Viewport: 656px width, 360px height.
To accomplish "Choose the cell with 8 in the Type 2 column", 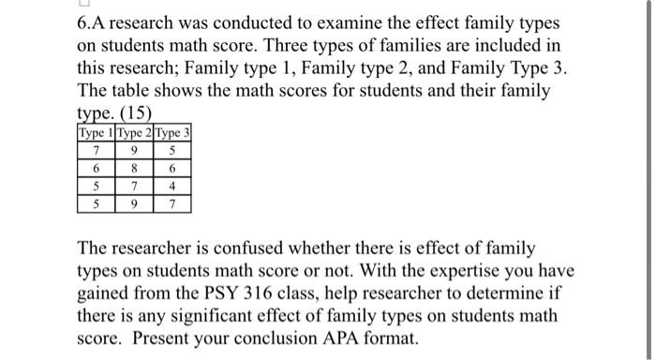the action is pos(134,168).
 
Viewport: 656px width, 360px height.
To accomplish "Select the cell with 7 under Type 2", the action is pos(134,186).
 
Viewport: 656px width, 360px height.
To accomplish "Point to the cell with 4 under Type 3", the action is pos(172,186).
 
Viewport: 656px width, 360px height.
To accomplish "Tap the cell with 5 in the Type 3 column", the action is pos(172,150).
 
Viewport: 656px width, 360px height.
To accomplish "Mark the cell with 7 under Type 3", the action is pos(172,203).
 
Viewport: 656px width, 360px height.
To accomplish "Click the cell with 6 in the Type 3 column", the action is pos(172,168).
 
